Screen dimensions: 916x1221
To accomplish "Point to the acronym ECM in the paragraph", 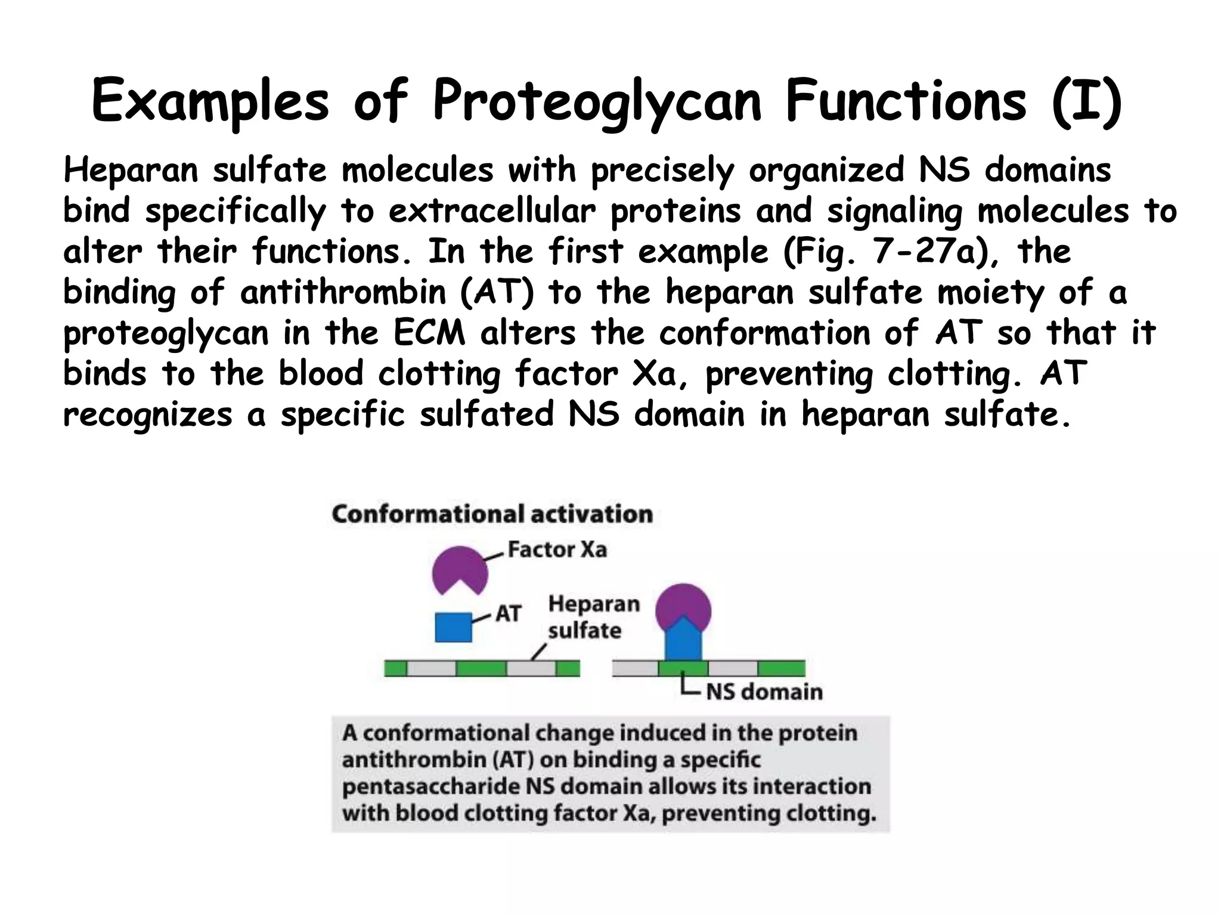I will [x=429, y=333].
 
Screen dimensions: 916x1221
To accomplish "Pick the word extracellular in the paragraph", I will [x=492, y=211].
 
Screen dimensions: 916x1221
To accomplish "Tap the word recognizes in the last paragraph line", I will [x=148, y=414].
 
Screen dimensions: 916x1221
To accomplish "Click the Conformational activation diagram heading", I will [x=492, y=514].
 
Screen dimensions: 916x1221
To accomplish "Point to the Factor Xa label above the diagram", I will [x=557, y=549].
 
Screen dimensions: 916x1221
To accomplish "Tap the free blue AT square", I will [x=453, y=627].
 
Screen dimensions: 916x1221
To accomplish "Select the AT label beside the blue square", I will [x=509, y=613].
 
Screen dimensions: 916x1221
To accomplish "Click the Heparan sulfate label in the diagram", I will [x=593, y=617].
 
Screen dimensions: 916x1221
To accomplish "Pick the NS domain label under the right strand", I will [x=764, y=692].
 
